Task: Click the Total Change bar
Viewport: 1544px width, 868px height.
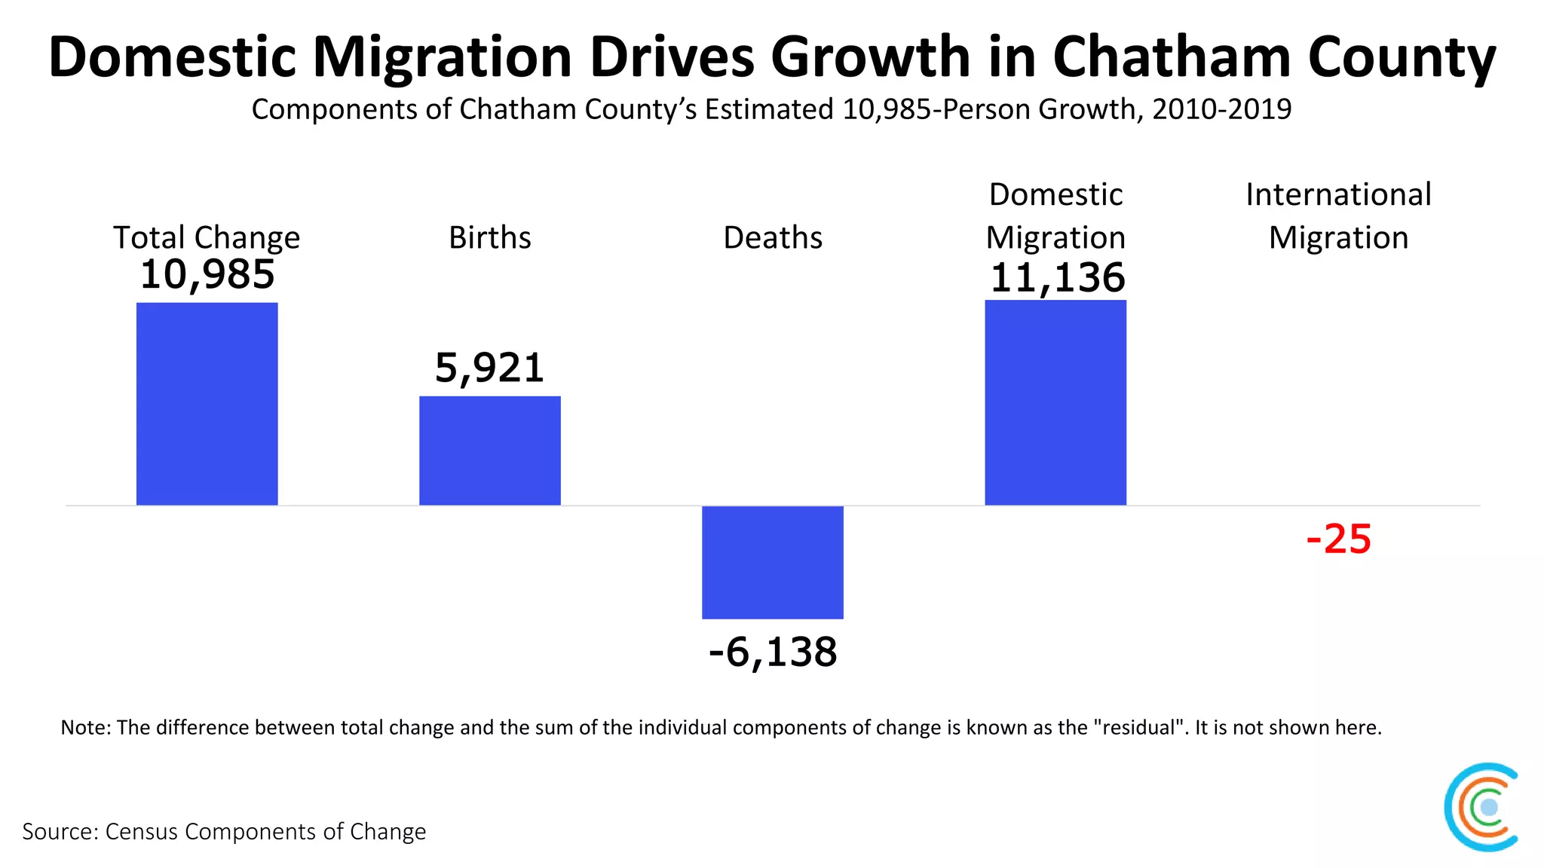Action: (207, 404)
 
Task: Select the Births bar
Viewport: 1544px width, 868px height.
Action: (489, 451)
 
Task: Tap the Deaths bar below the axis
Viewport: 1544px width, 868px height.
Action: (772, 562)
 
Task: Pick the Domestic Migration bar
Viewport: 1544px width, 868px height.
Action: (1055, 402)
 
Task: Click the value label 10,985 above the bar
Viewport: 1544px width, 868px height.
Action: (207, 274)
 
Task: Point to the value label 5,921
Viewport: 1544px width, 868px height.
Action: (489, 368)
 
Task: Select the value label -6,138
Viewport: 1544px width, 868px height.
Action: (772, 652)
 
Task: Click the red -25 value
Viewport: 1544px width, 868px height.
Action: (1338, 539)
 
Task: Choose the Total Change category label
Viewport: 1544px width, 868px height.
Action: (207, 237)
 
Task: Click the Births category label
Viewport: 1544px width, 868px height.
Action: (489, 237)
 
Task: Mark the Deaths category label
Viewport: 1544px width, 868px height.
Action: (772, 237)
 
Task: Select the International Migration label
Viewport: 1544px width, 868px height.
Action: (1338, 216)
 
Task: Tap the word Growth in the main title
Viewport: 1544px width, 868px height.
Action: (871, 57)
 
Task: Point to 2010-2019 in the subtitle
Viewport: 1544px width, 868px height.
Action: (1221, 109)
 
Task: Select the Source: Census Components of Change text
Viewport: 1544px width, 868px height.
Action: (224, 831)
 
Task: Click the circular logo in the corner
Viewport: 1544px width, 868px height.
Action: (1481, 807)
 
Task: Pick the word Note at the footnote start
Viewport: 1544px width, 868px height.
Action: (85, 727)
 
